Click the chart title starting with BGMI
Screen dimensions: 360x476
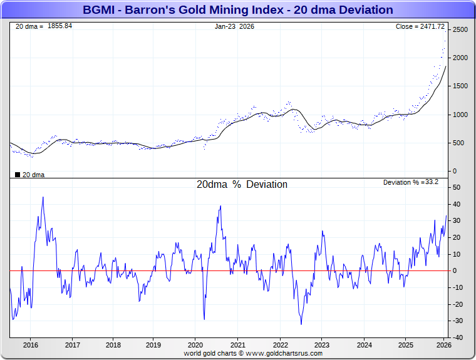pos(238,10)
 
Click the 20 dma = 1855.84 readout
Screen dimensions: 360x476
pos(43,26)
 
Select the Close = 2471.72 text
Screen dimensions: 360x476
pos(420,26)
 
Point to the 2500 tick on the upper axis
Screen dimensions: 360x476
pos(460,29)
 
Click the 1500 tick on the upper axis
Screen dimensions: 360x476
pos(460,86)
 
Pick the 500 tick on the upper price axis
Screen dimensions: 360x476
pos(458,143)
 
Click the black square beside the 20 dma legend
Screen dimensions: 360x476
pos(17,175)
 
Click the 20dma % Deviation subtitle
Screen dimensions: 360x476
pos(242,185)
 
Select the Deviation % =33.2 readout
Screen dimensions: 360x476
pos(410,182)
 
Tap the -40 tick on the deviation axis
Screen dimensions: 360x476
pos(457,337)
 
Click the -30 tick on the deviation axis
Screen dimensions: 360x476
pos(457,321)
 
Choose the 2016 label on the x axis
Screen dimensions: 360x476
pos(31,345)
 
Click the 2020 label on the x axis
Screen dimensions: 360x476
pos(195,345)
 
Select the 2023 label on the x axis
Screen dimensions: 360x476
pos(321,345)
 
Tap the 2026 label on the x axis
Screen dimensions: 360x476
pos(443,345)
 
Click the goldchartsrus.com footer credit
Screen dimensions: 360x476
pos(253,354)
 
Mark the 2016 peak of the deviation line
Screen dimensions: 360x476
pos(43,197)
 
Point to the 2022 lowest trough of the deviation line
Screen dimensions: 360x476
pos(301,324)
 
